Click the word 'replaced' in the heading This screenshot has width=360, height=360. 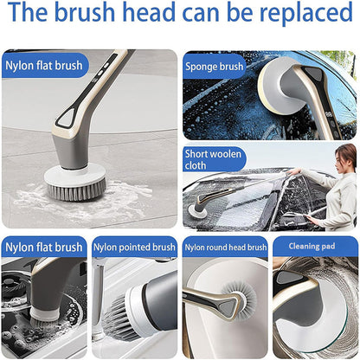305,13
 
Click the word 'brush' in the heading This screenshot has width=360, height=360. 85,12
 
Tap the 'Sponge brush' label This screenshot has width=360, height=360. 215,67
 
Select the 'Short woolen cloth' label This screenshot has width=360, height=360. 213,159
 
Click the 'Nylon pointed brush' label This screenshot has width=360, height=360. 134,247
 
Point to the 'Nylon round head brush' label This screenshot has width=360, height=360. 226,247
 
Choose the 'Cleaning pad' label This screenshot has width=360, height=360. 312,246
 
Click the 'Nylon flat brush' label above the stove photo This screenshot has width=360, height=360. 44,247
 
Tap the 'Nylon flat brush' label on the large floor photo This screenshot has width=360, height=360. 44,66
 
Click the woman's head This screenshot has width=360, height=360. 345,158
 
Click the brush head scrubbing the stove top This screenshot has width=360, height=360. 44,318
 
